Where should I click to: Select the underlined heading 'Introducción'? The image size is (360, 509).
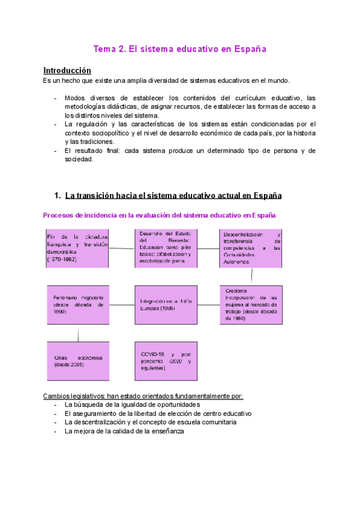tap(67, 70)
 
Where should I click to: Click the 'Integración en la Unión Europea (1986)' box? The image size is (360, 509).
tap(165, 305)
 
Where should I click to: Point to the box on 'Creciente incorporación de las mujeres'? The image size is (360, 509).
tap(251, 305)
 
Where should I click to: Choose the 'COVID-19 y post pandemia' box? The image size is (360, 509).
tap(165, 361)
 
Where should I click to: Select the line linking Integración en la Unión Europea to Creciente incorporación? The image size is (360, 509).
tap(208, 305)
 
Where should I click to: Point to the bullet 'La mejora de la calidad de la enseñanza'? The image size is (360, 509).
tap(120, 431)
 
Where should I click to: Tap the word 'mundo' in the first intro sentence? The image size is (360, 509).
tap(277, 80)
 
